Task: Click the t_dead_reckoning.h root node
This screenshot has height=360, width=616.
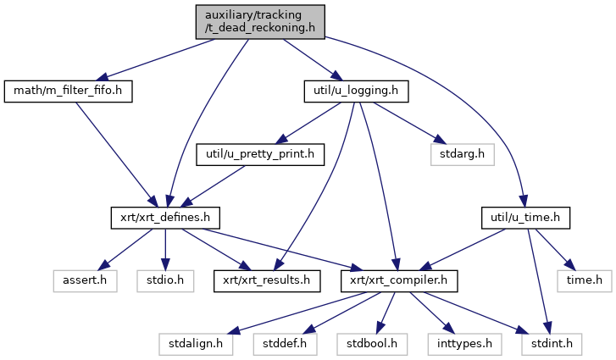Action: [258, 20]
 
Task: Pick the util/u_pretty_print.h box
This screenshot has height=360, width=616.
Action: [261, 154]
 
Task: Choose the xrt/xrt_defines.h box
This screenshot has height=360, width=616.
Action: [165, 219]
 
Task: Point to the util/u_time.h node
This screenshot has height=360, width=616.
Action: [524, 219]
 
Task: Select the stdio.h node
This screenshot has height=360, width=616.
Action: [166, 280]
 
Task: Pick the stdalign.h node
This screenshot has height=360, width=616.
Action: [191, 344]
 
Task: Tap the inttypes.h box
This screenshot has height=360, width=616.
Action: [469, 344]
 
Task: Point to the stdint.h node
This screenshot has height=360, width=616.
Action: [558, 344]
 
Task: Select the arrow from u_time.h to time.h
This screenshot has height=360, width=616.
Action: [555, 248]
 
